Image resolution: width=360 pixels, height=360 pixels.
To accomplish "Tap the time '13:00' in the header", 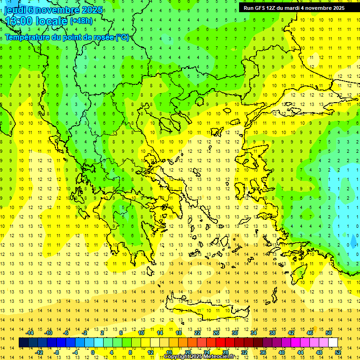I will [x=18, y=21].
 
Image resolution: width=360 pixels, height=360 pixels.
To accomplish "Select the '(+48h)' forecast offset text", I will [x=81, y=21].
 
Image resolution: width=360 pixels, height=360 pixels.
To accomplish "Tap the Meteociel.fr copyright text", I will [x=199, y=357].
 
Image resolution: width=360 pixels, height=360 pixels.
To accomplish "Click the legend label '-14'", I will [x=30, y=333].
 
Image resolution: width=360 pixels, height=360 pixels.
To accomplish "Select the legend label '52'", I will [x=338, y=352].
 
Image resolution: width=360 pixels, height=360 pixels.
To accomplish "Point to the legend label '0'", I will [x=93, y=352].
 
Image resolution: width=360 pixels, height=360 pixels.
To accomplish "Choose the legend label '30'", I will [x=234, y=333].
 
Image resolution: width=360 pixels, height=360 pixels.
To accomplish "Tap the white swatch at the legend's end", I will [x=333, y=342].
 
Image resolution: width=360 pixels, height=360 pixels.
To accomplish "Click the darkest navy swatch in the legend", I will [x=23, y=342].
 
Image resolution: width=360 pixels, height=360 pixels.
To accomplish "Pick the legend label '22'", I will [x=197, y=333].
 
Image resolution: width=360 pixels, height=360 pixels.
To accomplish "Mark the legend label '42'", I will [x=291, y=333].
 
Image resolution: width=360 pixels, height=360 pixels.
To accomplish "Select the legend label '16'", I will [x=169, y=352].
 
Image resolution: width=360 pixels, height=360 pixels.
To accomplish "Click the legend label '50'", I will [x=328, y=333].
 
